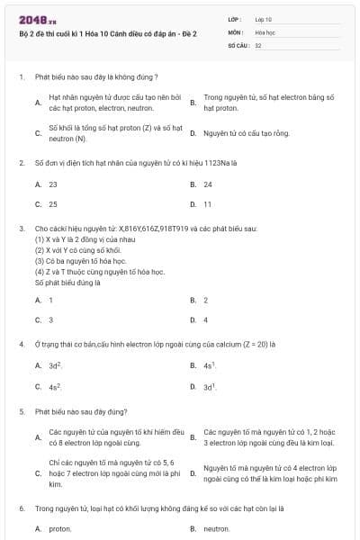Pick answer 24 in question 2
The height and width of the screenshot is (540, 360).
pyautogui.click(x=208, y=184)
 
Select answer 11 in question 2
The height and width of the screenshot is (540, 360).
pyautogui.click(x=208, y=203)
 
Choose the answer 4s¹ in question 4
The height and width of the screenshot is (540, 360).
pyautogui.click(x=209, y=365)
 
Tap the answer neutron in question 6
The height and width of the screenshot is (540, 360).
pyautogui.click(x=217, y=528)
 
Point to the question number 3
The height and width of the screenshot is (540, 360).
pyautogui.click(x=22, y=229)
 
